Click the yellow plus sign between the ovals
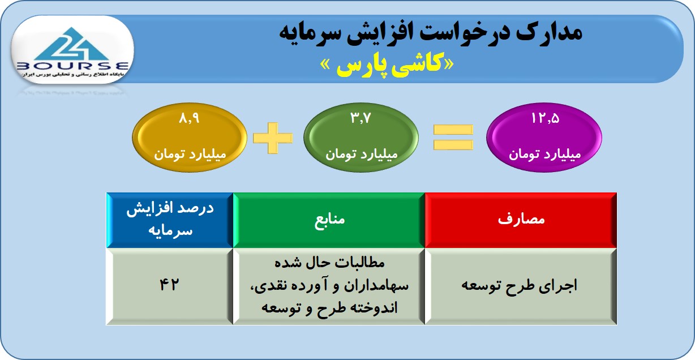coord(273,138)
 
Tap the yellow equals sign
coord(453,137)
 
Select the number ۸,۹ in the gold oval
coord(189,118)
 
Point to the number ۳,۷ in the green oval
coord(361,118)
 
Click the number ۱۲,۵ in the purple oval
coord(545,118)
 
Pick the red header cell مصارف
coord(521,220)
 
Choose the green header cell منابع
coord(329,220)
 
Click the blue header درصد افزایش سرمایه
coord(170,220)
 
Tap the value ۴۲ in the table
coord(169,285)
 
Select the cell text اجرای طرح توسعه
coord(520,285)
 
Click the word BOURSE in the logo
coord(72,66)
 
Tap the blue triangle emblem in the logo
coord(72,44)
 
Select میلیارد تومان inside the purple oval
coord(544,154)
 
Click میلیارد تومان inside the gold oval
coord(190,154)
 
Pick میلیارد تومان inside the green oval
coord(362,154)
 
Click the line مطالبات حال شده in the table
coord(329,263)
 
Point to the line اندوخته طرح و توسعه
coord(329,308)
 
